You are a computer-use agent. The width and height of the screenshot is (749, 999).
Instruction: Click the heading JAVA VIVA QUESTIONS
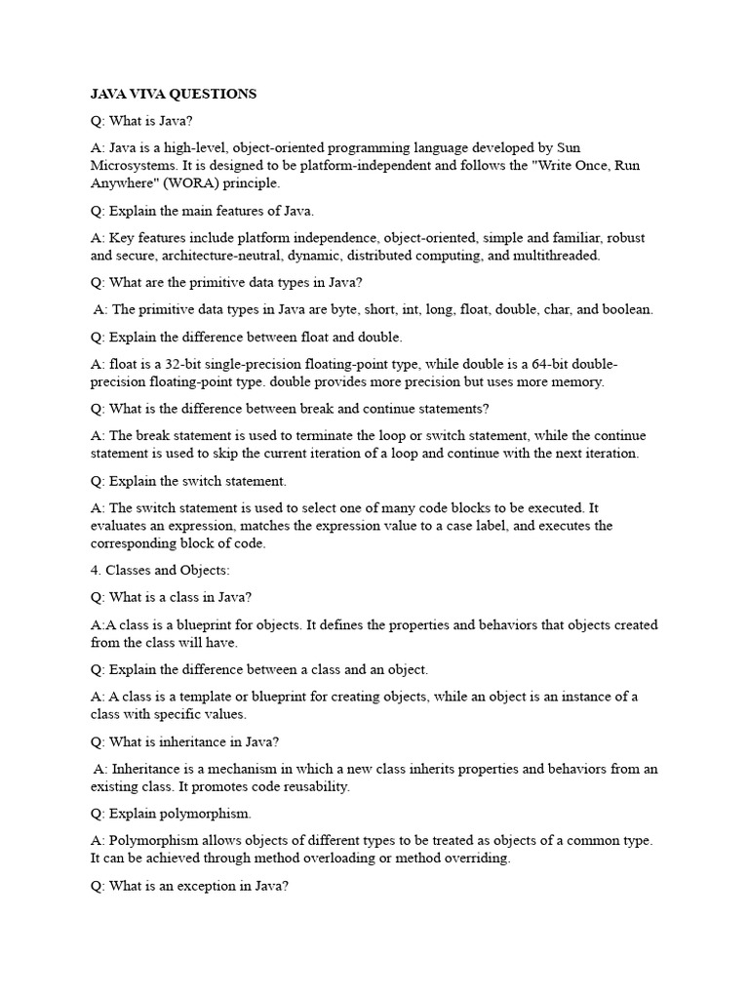174,94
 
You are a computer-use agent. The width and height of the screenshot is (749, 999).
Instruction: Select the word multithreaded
558,256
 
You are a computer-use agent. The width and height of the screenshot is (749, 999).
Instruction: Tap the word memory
575,381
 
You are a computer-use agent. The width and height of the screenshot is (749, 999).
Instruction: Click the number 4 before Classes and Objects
95,571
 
